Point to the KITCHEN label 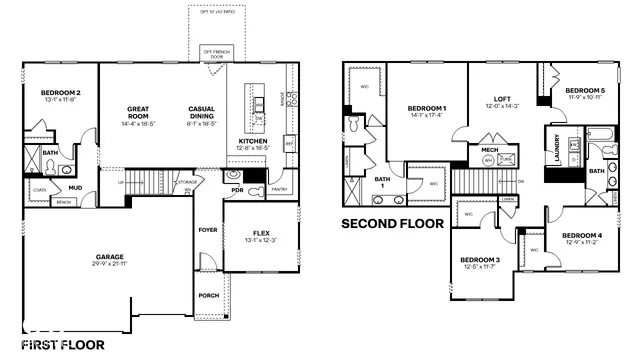[252, 141]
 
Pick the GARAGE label [110, 256]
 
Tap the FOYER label [207, 229]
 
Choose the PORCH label [208, 295]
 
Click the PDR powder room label [238, 189]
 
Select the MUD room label [75, 187]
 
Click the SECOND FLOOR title [392, 224]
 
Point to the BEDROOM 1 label [427, 107]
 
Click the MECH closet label [490, 159]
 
